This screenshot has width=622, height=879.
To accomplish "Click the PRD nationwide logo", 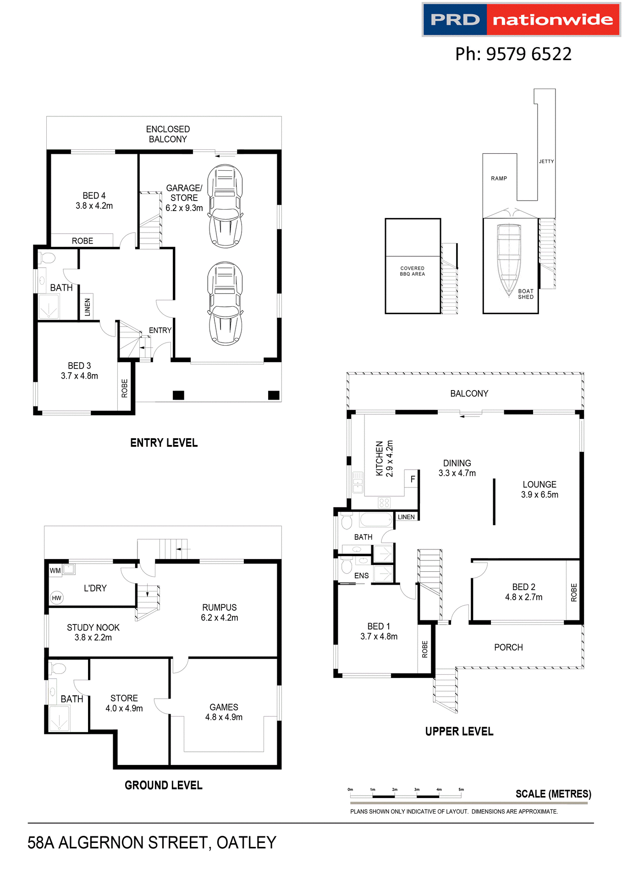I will point(521,20).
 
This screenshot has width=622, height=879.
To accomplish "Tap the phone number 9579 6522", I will point(513,54).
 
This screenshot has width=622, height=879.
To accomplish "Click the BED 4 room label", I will point(94,201).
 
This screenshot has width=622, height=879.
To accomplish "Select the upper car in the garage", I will point(225,206).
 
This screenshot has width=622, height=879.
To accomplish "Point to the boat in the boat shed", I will point(509,259).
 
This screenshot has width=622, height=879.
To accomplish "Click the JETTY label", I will point(546,162).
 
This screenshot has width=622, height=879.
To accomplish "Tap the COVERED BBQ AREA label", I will point(412,271).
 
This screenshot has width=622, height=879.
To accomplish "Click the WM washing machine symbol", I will point(55,570).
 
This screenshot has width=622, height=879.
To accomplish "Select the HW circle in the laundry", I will point(56,598).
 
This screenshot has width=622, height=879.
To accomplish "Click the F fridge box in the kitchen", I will point(412,479).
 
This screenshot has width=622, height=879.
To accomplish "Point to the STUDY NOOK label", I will point(93,632).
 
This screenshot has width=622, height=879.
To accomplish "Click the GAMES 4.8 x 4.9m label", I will point(224,712).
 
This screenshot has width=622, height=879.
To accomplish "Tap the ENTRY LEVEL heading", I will point(164,443).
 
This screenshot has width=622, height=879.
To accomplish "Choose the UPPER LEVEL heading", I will point(459,731).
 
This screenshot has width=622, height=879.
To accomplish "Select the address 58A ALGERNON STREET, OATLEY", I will point(152,842).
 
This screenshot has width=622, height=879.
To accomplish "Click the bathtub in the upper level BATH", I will point(376,520).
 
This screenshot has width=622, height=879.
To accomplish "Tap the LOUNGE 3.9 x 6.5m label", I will point(539,489).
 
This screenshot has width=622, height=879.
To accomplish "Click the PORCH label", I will point(508,647).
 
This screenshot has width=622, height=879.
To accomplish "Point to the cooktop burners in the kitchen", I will point(384,503).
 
